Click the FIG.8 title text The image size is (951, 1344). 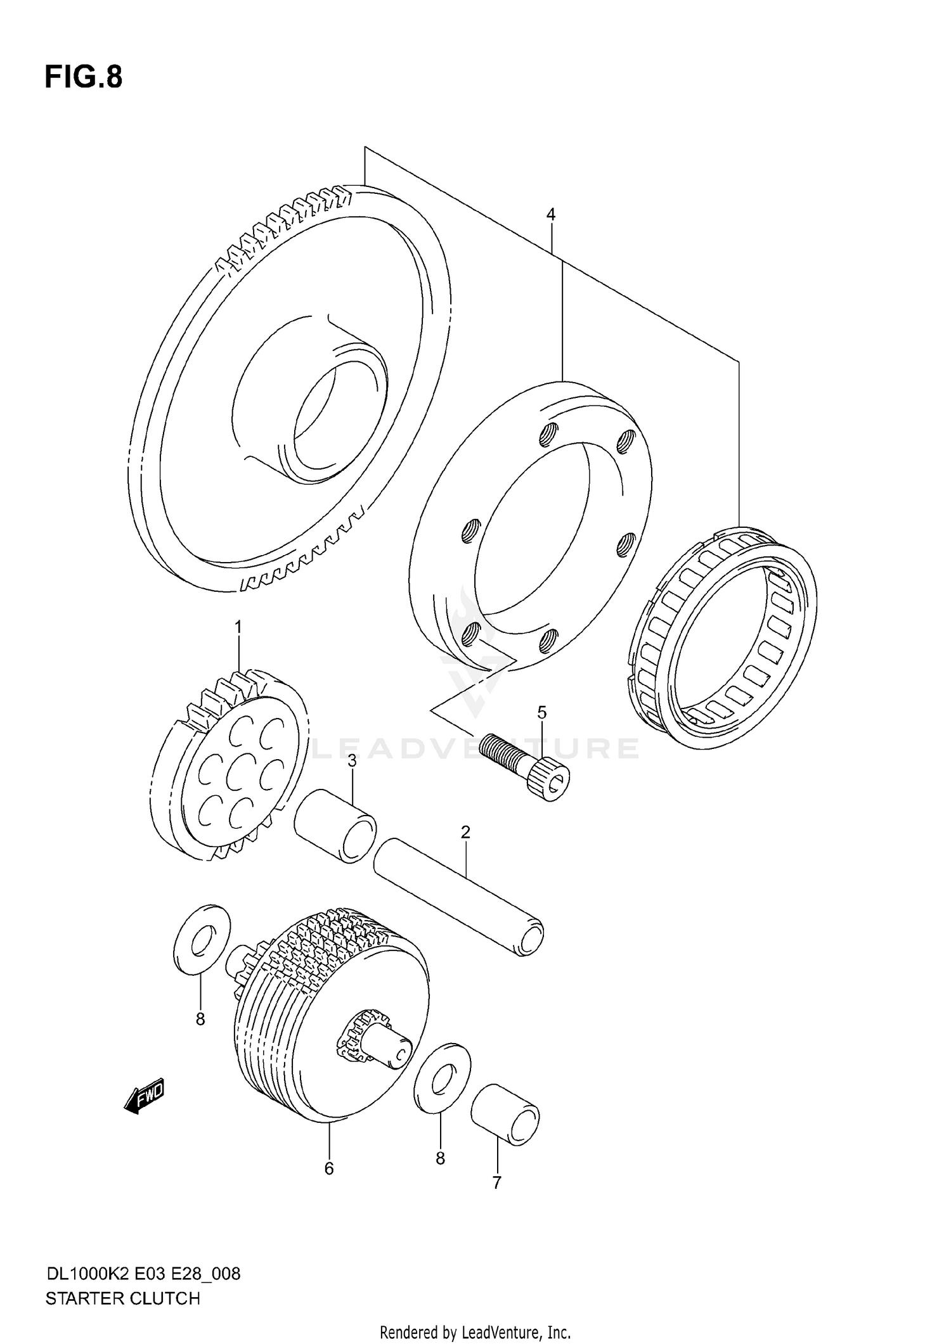tap(83, 77)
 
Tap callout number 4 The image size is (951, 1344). tap(550, 215)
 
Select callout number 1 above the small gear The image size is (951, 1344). tap(238, 627)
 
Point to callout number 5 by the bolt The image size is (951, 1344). tap(541, 713)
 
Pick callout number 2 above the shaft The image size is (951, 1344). tap(465, 833)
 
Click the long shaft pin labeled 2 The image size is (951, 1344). tap(459, 896)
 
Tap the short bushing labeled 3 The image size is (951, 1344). tap(335, 826)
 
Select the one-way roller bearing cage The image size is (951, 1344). tap(723, 637)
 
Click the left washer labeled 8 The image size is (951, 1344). tap(202, 940)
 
